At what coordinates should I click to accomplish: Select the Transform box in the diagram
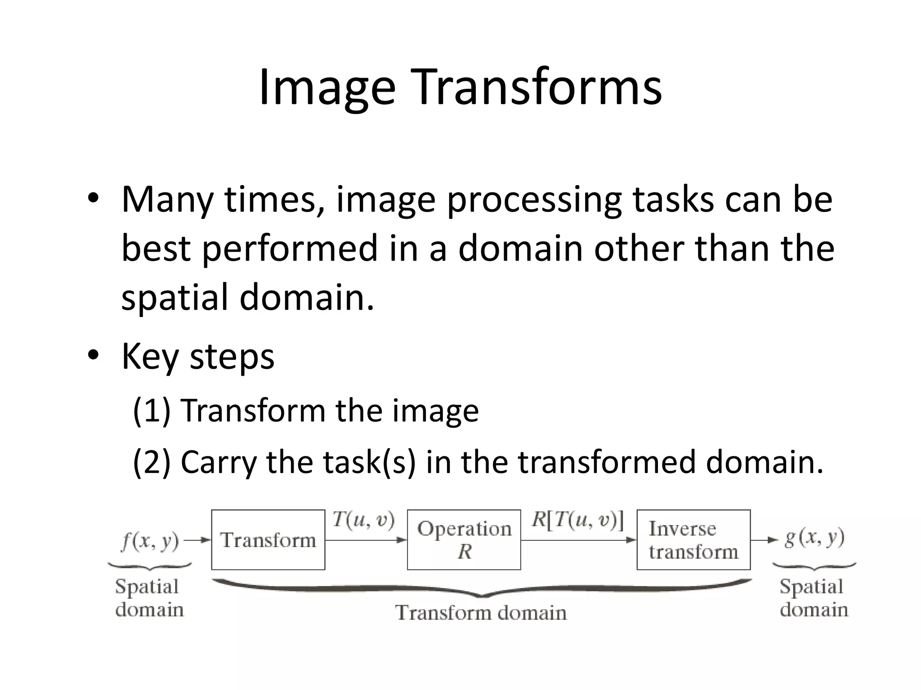tap(268, 540)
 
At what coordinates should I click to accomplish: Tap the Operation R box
tap(464, 540)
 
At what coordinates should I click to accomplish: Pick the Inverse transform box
tap(693, 540)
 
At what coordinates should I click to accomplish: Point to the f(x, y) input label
tap(150, 541)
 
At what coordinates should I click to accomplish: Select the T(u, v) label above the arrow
tap(363, 520)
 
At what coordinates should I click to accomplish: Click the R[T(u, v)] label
tap(577, 520)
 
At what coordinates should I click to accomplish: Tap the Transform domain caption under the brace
tap(481, 613)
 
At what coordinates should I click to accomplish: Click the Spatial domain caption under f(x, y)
tap(149, 598)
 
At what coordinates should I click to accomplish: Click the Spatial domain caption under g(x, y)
tap(813, 598)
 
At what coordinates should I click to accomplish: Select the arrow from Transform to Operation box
tap(365, 540)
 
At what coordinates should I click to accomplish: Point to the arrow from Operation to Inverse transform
tap(578, 540)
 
